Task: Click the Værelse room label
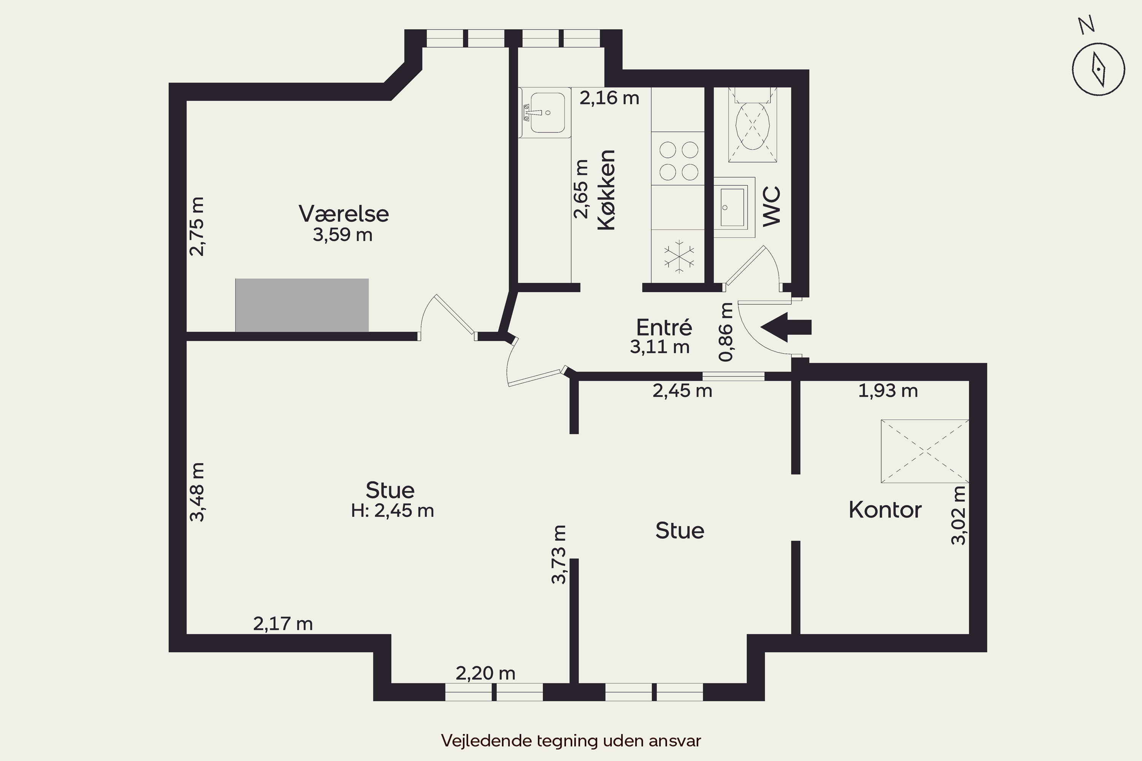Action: coord(344,213)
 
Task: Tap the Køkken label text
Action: coord(606,190)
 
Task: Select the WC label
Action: coord(771,206)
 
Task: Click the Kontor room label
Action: coord(885,509)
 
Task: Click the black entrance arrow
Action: coord(786,327)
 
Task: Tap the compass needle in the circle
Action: coord(1098,69)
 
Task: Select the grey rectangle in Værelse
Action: coord(302,305)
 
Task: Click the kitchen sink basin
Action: coord(548,113)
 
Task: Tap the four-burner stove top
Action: coord(678,161)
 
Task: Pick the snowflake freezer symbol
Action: coord(679,256)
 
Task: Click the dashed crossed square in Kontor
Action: coord(925,451)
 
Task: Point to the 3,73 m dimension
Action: coord(559,555)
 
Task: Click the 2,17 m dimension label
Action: coord(283,624)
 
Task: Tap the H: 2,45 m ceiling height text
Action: coord(392,511)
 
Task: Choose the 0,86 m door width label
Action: coord(726,332)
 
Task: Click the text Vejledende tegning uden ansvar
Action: coord(571,740)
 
